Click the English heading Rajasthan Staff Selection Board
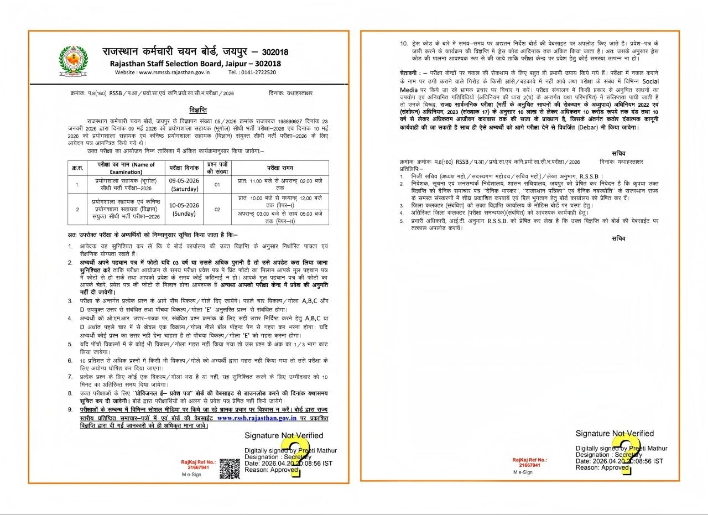point(195,63)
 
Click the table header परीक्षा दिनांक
point(184,168)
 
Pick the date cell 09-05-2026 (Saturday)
point(184,185)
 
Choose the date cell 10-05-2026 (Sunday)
point(184,209)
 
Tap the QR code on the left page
point(230,468)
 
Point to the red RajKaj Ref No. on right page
point(529,462)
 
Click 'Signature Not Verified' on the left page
point(284,436)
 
